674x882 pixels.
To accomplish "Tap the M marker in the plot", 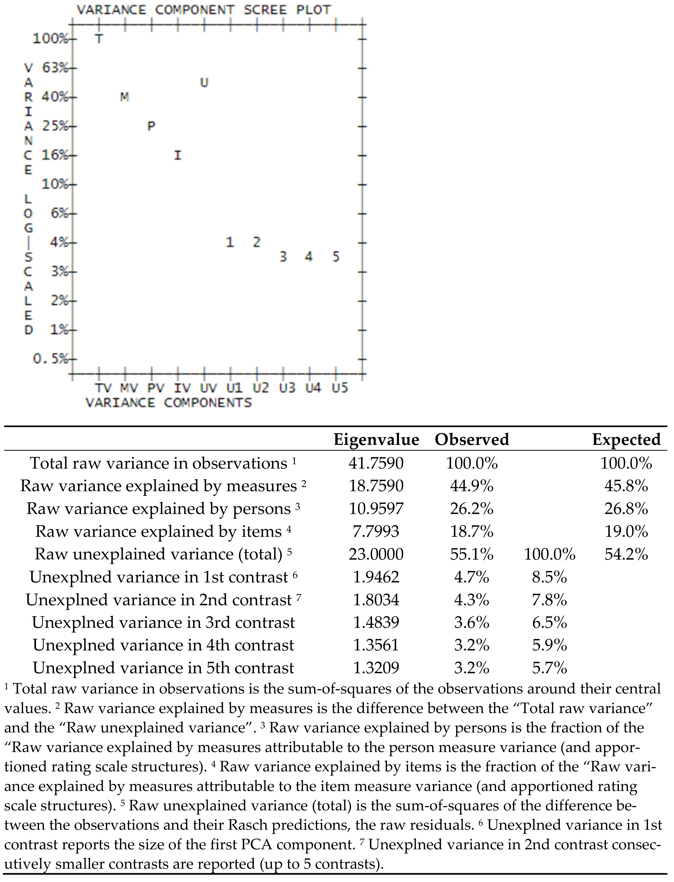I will (x=124, y=97).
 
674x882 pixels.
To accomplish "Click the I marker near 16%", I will (x=177, y=155).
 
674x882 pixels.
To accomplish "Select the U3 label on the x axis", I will (x=287, y=388).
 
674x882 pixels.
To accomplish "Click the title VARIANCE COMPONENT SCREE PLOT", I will (x=204, y=10).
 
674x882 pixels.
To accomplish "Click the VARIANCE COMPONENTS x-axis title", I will (x=168, y=402).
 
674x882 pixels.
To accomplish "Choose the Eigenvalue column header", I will (x=376, y=439).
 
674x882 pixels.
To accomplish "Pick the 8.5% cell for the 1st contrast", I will (x=549, y=577).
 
